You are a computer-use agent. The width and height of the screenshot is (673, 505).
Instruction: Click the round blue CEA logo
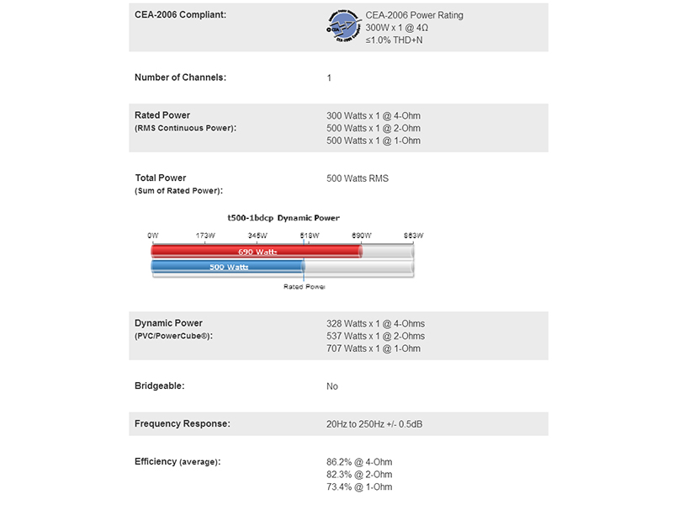(x=343, y=27)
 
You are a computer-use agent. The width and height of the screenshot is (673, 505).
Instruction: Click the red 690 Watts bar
(x=256, y=252)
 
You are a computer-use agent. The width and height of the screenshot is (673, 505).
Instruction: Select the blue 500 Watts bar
(x=227, y=268)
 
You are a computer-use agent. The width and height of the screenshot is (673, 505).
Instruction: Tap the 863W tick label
(x=413, y=235)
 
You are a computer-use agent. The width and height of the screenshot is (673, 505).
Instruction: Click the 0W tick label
(x=152, y=235)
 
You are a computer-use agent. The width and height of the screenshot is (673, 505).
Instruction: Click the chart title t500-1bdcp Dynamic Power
(x=278, y=218)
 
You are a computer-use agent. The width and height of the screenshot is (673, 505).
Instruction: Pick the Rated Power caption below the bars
(x=304, y=287)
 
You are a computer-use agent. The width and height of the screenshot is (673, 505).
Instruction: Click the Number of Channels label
(x=180, y=77)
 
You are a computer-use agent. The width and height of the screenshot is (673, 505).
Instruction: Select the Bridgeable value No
(x=332, y=386)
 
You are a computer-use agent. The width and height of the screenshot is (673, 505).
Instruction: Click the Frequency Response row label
(x=182, y=423)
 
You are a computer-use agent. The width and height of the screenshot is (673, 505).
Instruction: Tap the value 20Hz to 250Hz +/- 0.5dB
(x=374, y=423)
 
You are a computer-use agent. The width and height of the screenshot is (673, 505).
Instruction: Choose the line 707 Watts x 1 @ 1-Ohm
(x=373, y=348)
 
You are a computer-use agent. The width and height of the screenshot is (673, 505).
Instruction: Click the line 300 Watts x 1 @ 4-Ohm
(x=373, y=115)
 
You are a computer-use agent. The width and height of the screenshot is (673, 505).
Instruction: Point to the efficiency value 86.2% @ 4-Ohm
(x=359, y=462)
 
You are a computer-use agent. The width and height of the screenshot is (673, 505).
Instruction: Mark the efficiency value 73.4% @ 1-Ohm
(x=359, y=487)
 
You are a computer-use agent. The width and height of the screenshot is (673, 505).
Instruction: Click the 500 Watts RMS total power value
(x=358, y=178)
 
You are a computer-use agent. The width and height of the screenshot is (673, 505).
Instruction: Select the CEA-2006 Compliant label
(x=180, y=15)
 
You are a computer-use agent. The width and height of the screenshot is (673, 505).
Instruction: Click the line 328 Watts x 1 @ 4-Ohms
(x=375, y=323)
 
